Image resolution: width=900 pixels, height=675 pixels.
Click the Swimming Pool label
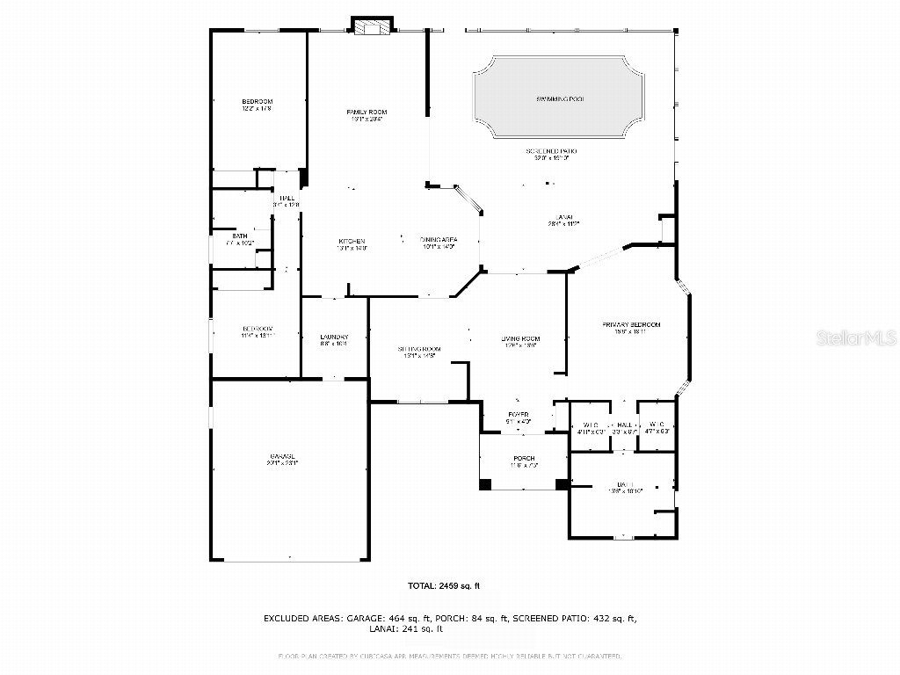(560, 99)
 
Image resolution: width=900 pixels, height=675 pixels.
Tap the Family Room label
(367, 112)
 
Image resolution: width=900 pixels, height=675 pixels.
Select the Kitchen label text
(352, 242)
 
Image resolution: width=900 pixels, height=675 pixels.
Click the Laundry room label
(334, 338)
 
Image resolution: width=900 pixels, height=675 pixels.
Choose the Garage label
(282, 458)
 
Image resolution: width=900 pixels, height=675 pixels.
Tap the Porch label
(524, 459)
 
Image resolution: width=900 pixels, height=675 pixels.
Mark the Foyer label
(519, 415)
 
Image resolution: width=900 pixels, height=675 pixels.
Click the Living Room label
(520, 339)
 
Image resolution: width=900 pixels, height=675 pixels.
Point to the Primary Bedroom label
(630, 325)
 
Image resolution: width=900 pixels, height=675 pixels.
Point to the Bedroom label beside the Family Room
(258, 102)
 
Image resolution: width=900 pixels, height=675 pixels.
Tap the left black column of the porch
(486, 483)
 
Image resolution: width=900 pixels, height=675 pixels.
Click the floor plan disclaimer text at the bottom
(450, 656)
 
